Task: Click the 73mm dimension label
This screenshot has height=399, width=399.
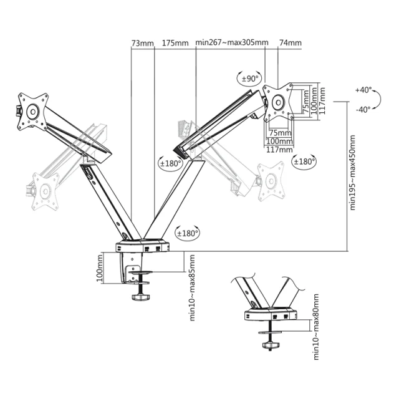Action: pos(143,43)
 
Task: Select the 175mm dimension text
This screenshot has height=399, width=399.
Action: pos(175,43)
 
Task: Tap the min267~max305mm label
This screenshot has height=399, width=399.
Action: pos(232,42)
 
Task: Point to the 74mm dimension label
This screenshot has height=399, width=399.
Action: pos(291,42)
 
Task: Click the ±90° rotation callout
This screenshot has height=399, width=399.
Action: pos(249,79)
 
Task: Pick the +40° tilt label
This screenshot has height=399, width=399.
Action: pos(363,90)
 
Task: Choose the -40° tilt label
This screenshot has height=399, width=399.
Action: pos(363,110)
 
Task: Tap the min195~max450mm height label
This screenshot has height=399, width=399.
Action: pos(352,173)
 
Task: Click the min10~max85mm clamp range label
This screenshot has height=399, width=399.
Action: pos(192,288)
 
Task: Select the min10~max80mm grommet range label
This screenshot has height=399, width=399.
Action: pos(316,327)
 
